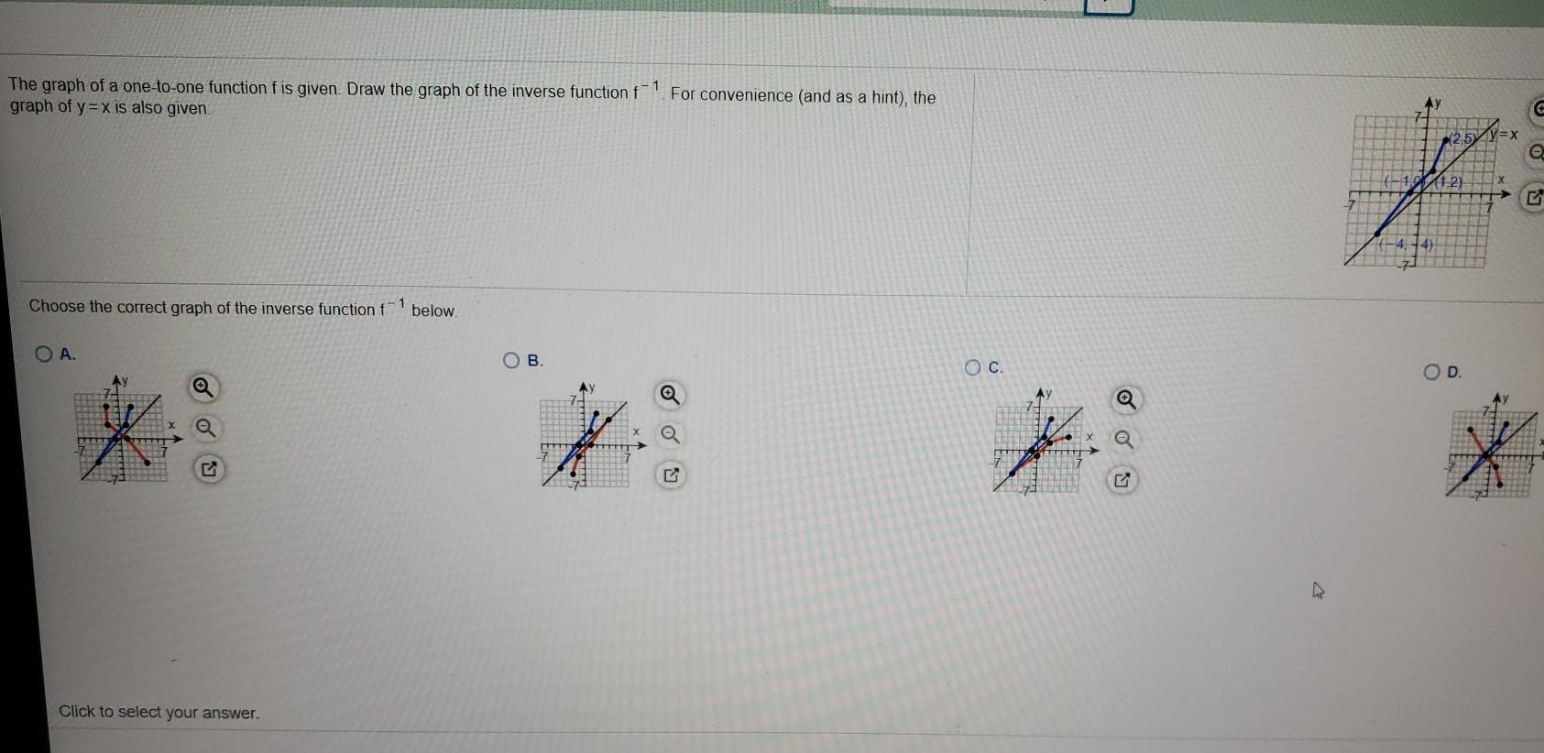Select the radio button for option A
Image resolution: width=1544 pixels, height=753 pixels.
(44, 354)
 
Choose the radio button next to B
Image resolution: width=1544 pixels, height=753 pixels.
(513, 360)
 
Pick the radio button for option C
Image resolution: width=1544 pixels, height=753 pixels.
(973, 367)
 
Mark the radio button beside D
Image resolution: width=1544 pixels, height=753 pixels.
(1433, 371)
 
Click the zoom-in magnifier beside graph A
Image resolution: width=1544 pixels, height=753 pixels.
(204, 388)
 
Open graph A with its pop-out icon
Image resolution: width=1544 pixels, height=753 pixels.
(209, 469)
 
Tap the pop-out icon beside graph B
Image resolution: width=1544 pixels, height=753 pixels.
(672, 475)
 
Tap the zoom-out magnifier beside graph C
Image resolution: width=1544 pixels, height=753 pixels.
(1124, 441)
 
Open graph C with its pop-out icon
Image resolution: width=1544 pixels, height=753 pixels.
(1122, 480)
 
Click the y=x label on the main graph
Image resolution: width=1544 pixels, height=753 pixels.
(1504, 135)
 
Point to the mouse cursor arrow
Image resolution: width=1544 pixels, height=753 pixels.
(1319, 591)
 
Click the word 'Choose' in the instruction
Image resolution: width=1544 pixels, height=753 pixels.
(57, 307)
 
